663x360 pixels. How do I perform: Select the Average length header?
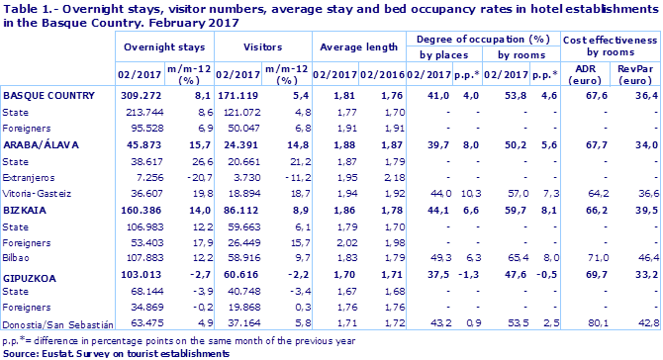[356, 45]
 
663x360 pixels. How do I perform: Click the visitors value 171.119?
[237, 97]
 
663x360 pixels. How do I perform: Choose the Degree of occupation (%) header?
[481, 38]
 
